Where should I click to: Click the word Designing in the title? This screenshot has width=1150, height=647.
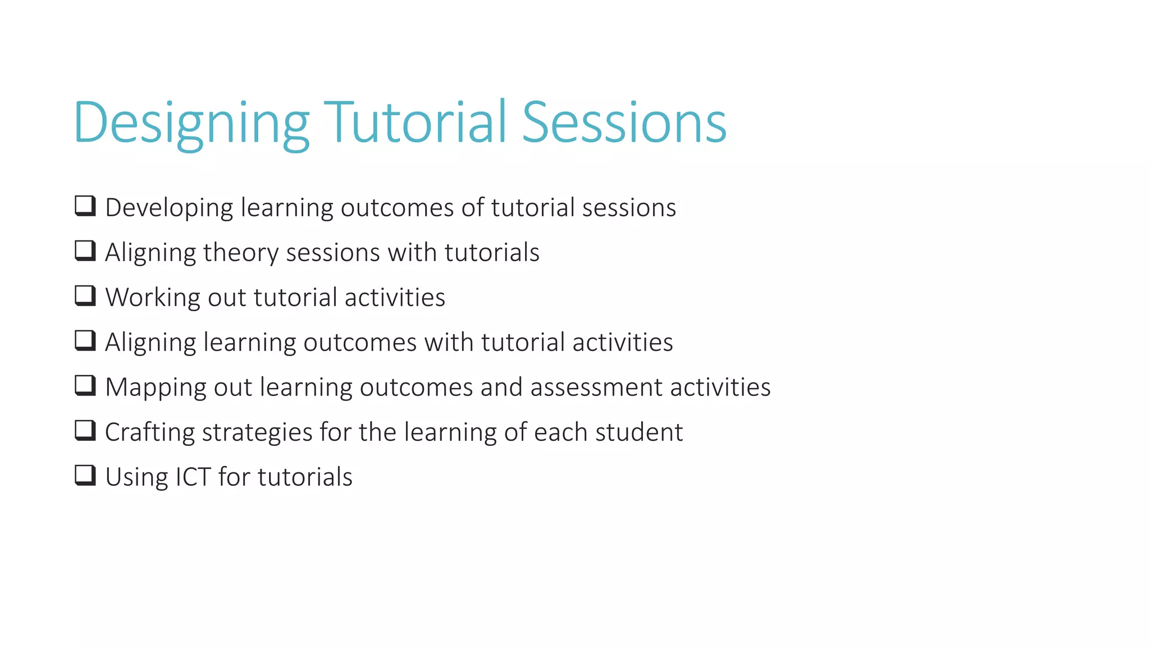click(x=191, y=122)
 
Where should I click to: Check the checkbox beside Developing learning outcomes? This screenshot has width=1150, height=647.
click(x=85, y=206)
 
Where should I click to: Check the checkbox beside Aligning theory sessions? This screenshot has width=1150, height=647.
click(x=85, y=251)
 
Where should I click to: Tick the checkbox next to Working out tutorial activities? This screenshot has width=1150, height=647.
click(x=85, y=296)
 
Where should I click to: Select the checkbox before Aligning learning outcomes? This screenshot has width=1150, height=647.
click(x=85, y=341)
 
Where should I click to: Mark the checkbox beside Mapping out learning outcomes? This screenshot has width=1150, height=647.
click(x=85, y=386)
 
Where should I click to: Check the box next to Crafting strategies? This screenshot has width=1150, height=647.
click(x=85, y=431)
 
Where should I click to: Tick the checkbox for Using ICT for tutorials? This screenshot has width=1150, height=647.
click(x=85, y=476)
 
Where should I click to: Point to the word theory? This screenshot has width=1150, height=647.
click(x=240, y=253)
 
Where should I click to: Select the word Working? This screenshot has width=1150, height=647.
click(x=152, y=298)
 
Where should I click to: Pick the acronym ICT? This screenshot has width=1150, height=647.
click(x=193, y=477)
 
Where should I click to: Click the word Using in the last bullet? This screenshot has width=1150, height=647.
click(x=136, y=477)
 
